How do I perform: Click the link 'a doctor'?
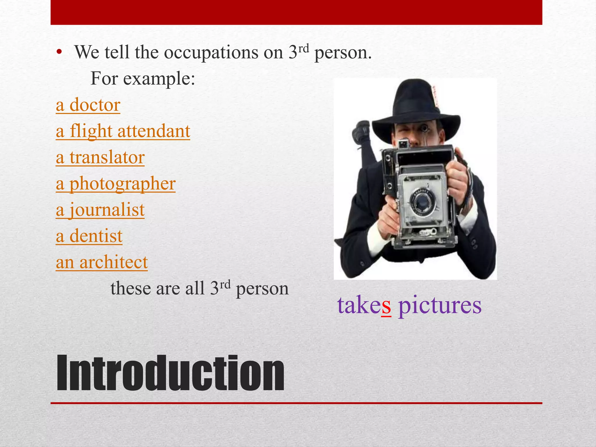point(88,105)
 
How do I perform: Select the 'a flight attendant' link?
point(123,131)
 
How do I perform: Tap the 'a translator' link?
point(100,157)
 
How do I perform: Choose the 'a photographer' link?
point(116,184)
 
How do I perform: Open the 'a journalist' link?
point(100,210)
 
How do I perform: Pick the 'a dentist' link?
point(89,236)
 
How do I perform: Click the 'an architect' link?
point(102,262)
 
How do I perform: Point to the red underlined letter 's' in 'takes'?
point(386,305)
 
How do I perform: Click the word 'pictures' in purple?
point(440,305)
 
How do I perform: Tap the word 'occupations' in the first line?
point(211,53)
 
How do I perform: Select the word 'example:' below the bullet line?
point(159,79)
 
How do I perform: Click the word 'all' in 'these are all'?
point(197,289)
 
